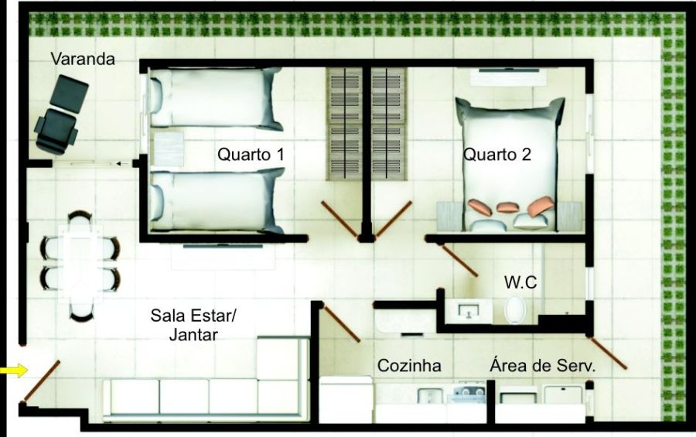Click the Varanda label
[83, 59]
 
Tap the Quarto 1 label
[251, 155]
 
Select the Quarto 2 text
[497, 155]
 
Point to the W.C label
[520, 282]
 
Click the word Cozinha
[409, 366]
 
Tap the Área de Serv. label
[542, 366]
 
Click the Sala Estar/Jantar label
[193, 325]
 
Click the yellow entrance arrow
[14, 370]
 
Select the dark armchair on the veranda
[61, 114]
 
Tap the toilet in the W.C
[515, 309]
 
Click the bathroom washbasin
[469, 311]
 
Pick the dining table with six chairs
[80, 265]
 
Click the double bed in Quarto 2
[510, 164]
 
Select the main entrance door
[41, 381]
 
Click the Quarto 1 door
[340, 220]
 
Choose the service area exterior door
[608, 353]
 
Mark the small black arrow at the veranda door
[122, 164]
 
